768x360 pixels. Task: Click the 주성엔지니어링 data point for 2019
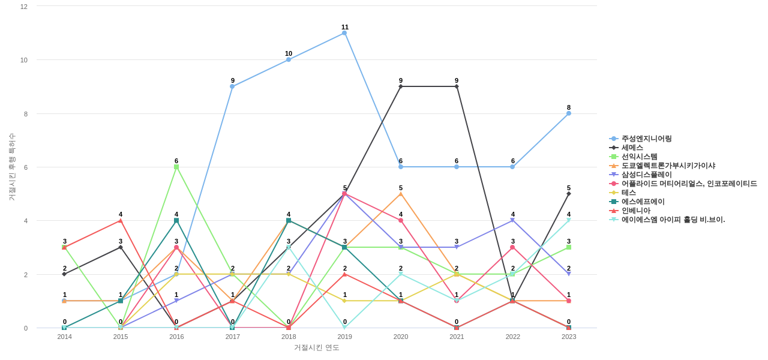point(344,33)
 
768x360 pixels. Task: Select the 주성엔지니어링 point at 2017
point(232,86)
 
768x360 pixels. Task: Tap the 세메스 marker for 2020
point(401,86)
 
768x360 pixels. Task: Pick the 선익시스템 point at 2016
point(176,167)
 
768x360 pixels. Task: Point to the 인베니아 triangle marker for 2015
point(121,221)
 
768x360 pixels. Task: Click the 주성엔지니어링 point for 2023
point(569,113)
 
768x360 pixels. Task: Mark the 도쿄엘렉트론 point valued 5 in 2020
point(401,194)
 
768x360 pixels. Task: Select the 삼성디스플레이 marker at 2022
point(512,220)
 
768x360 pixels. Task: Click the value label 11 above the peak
point(345,27)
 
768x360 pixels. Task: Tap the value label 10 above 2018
point(289,53)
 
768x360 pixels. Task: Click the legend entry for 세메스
point(632,148)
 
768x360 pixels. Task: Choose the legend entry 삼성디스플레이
point(646,175)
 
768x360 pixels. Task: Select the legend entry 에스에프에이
point(643,202)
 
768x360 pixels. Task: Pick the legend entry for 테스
point(628,193)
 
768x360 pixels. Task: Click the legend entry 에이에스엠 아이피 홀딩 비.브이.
point(673,220)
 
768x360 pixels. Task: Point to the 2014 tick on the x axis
point(64,337)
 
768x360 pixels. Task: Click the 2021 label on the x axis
point(457,337)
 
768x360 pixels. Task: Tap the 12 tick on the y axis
point(24,7)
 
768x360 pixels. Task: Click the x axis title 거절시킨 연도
point(317,347)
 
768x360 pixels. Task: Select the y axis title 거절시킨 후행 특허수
point(11,167)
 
